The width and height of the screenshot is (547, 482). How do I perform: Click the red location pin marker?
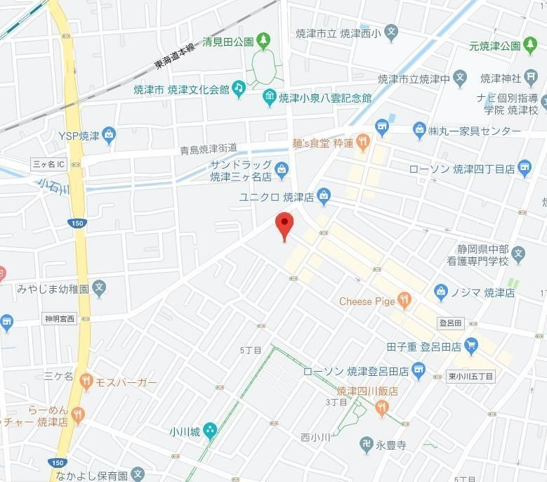pyautogui.click(x=284, y=223)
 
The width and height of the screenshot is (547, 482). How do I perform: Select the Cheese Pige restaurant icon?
pyautogui.click(x=404, y=301)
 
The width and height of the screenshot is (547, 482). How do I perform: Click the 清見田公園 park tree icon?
pyautogui.click(x=263, y=41)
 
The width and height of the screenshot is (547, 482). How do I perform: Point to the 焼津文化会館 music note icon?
pyautogui.click(x=239, y=88)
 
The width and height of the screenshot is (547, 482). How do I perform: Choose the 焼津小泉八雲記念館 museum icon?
pyautogui.click(x=269, y=98)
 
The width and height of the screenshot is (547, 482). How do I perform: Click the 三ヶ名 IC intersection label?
pyautogui.click(x=49, y=164)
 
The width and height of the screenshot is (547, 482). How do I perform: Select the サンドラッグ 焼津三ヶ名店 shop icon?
pyautogui.click(x=282, y=169)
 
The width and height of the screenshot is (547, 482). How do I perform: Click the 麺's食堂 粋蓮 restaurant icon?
pyautogui.click(x=362, y=143)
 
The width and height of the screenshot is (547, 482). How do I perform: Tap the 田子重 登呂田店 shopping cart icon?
pyautogui.click(x=471, y=346)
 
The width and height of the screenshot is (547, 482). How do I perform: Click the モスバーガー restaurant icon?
pyautogui.click(x=86, y=382)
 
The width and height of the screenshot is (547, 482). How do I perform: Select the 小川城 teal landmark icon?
pyautogui.click(x=210, y=431)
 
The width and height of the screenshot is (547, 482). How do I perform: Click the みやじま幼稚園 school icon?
pyautogui.click(x=100, y=287)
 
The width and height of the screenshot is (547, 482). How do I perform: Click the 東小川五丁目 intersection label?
pyautogui.click(x=471, y=377)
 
